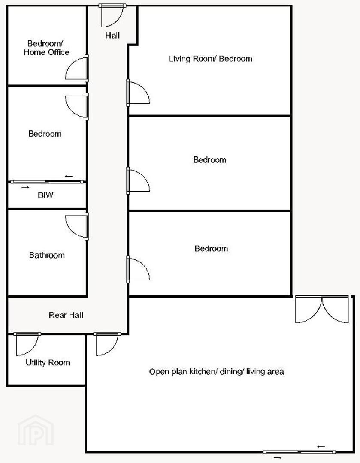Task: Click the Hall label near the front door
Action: [x=112, y=36]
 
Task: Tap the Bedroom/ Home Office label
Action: [x=46, y=48]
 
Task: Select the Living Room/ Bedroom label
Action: [x=210, y=58]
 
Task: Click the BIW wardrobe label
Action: [x=45, y=195]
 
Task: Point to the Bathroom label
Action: [x=47, y=255]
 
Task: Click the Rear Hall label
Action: [x=66, y=315]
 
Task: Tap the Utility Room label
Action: [x=48, y=363]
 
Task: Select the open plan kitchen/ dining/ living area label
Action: [x=216, y=371]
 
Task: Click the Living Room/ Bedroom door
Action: [x=138, y=93]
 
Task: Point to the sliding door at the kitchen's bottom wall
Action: [x=299, y=452]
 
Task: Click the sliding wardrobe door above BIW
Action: [x=47, y=182]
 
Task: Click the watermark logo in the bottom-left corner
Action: [x=36, y=430]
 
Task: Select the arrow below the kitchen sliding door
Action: [x=278, y=458]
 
